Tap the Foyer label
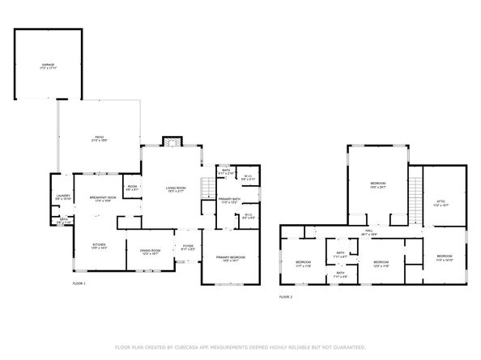pyautogui.click(x=187, y=248)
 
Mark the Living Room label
pyautogui.click(x=176, y=190)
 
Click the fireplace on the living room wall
pyautogui.click(x=171, y=143)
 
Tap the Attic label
pyautogui.click(x=441, y=205)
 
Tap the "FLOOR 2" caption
pyautogui.click(x=286, y=297)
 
